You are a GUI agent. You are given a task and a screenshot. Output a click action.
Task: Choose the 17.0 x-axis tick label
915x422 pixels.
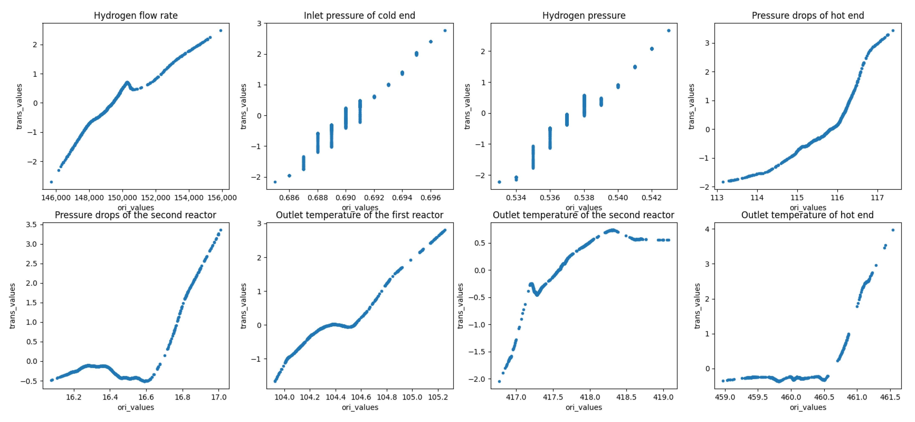[219, 397]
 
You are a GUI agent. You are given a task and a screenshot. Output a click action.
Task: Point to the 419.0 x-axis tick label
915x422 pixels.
[663, 397]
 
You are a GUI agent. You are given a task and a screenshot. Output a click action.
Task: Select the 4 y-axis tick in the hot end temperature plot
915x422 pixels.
[708, 229]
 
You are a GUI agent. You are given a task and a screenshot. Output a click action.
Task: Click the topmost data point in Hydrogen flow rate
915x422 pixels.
[221, 30]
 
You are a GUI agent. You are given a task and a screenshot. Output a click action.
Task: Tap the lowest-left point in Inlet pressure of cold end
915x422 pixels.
[275, 182]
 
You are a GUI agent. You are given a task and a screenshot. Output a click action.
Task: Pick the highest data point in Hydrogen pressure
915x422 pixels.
[668, 30]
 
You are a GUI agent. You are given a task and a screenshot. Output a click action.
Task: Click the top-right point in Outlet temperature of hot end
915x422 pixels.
[893, 230]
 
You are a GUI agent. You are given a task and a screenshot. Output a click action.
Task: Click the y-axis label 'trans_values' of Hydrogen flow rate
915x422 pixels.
[19, 106]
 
